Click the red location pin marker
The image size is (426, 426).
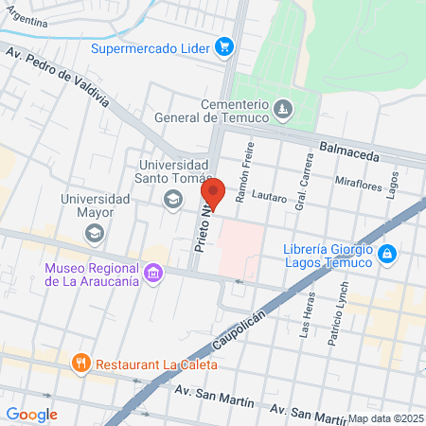[213, 193]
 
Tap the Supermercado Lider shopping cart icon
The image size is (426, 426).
[223, 45]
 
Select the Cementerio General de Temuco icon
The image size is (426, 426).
[282, 112]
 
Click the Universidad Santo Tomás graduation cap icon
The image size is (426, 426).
[172, 199]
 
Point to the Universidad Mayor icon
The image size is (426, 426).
[101, 232]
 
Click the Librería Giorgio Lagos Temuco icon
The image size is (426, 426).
[386, 254]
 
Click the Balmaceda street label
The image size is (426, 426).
[349, 149]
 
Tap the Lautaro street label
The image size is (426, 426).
[270, 199]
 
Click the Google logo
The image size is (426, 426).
[32, 414]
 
